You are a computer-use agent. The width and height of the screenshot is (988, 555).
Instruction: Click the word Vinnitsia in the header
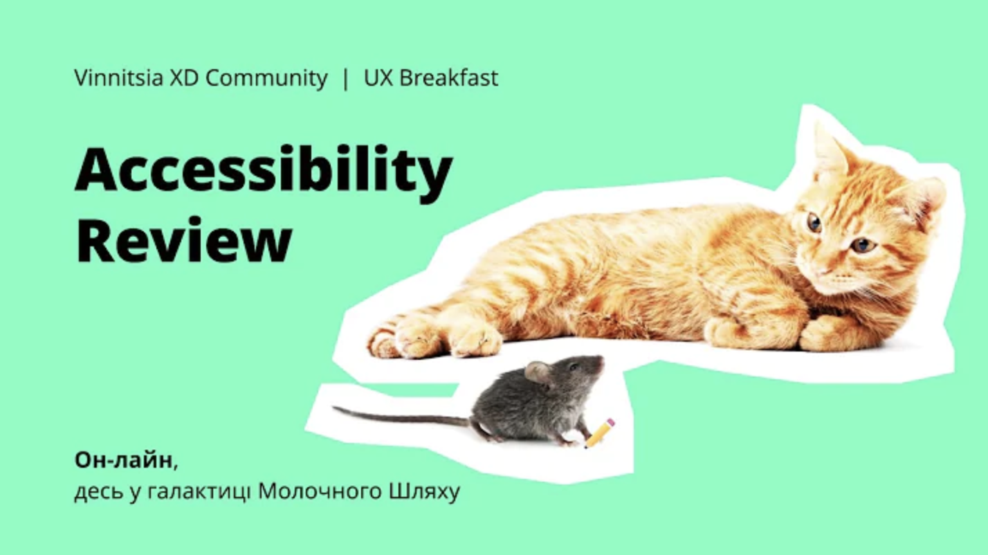point(118,78)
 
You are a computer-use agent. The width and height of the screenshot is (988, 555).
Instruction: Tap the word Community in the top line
point(266,78)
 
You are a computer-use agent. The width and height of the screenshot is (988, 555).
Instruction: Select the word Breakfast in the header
point(448,78)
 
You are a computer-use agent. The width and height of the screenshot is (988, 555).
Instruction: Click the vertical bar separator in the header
point(345,79)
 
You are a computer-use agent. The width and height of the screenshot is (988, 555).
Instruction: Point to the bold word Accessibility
point(264,174)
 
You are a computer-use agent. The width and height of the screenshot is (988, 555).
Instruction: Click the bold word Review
point(184,240)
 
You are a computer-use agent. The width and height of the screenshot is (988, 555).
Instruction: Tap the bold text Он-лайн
point(123,460)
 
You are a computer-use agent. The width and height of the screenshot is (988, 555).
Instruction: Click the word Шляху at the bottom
point(424,492)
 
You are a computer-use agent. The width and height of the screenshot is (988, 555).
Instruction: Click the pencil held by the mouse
point(599,433)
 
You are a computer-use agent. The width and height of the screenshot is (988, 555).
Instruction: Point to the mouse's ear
point(536,372)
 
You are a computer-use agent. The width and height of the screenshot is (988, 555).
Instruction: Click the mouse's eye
point(574,367)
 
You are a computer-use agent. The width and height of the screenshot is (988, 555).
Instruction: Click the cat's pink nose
point(822,272)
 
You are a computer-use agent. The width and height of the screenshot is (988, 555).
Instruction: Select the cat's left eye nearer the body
point(814,224)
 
